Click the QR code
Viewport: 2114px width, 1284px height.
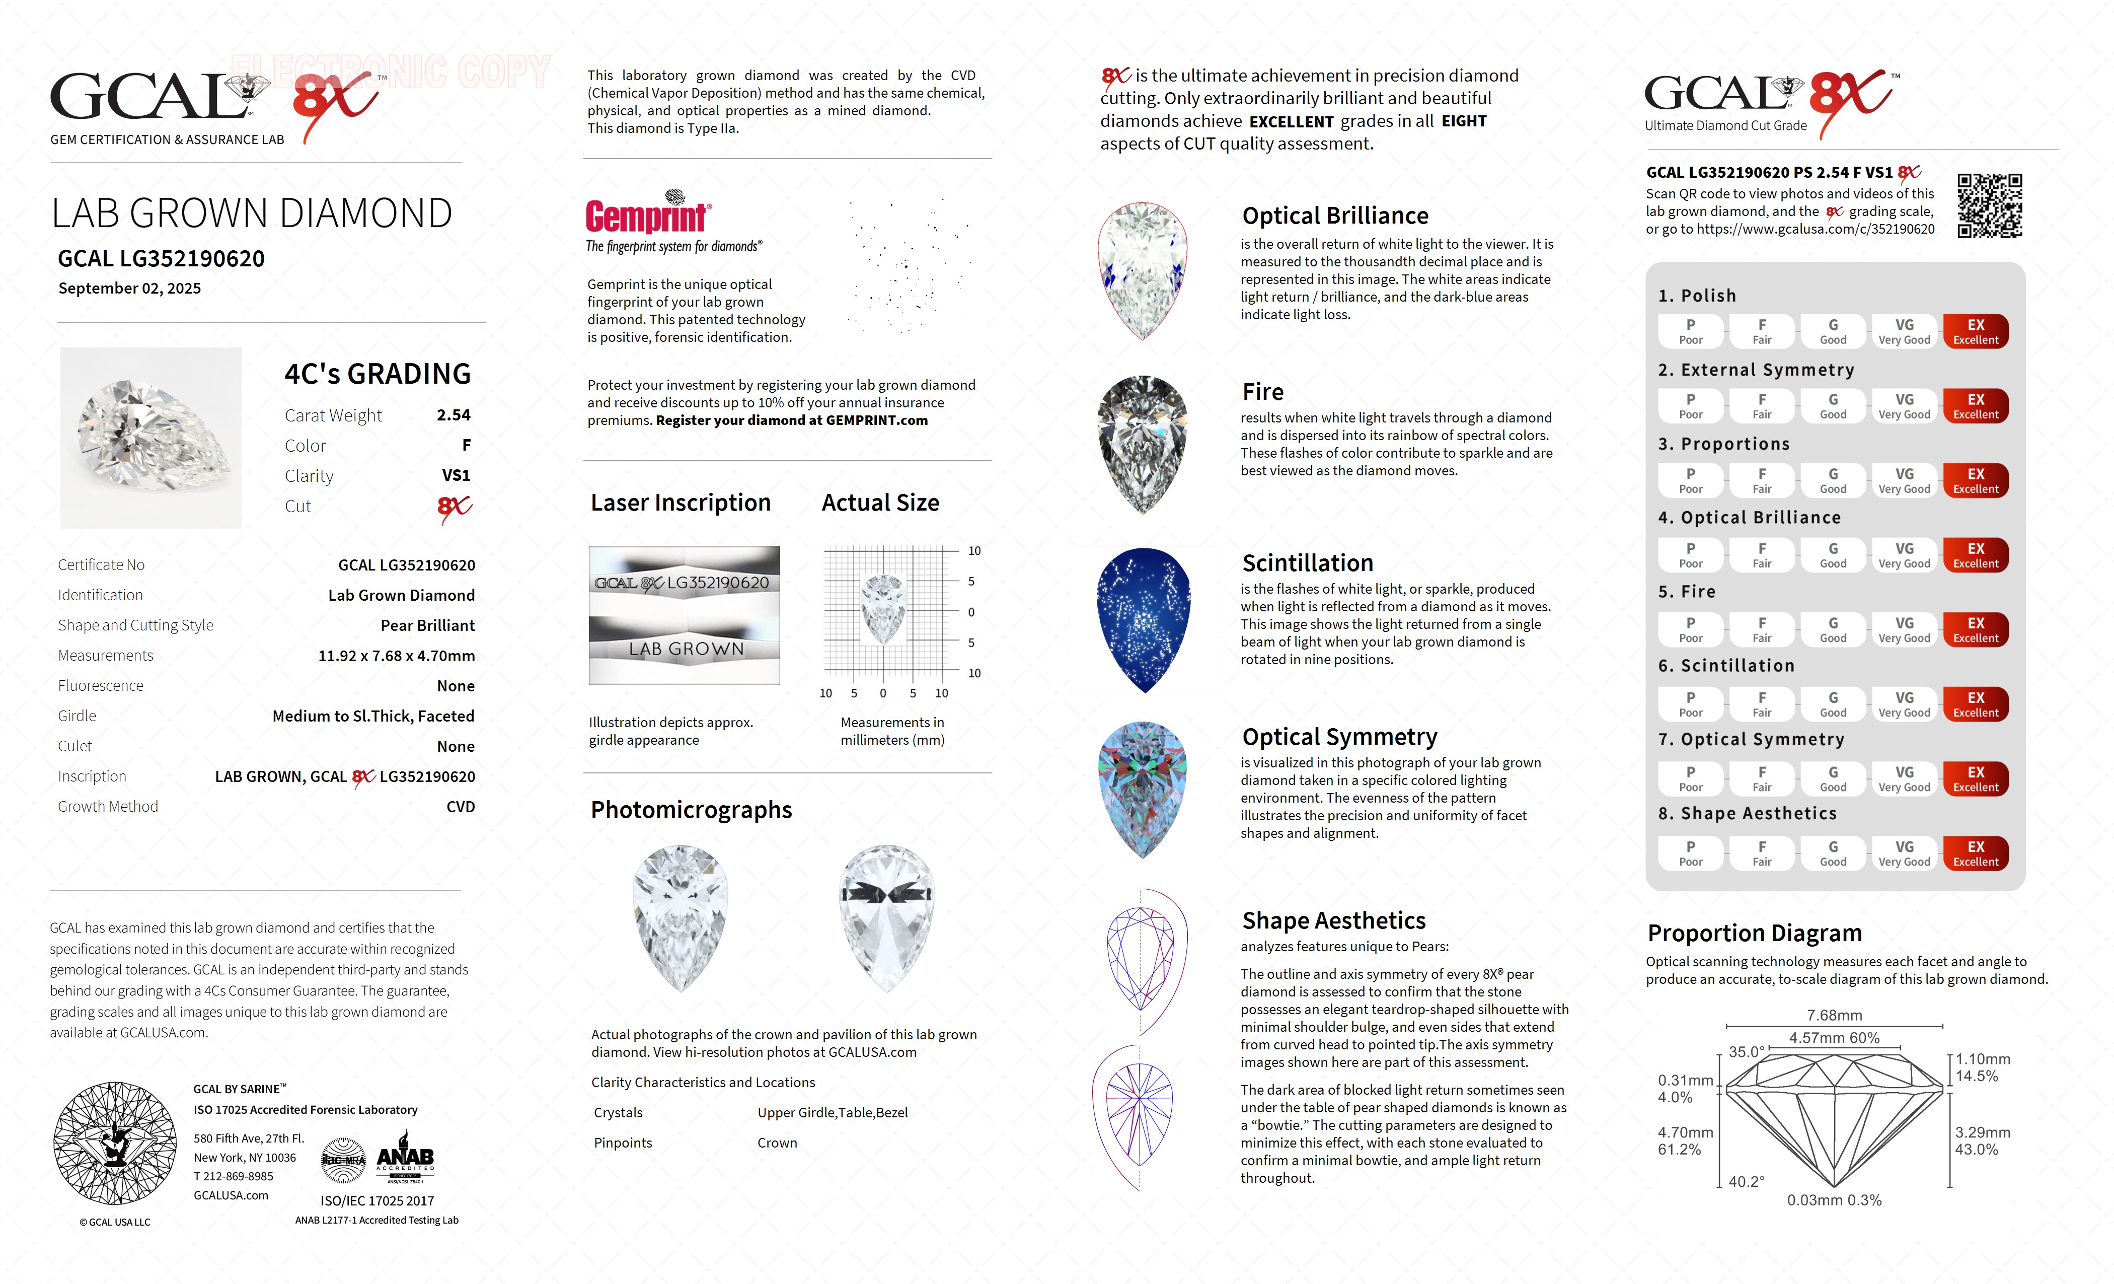(1989, 206)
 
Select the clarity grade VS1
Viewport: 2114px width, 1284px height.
(456, 475)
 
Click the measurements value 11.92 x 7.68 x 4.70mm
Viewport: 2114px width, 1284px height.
(397, 656)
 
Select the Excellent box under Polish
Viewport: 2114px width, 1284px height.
(1975, 331)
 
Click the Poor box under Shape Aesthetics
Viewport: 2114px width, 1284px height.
(1690, 853)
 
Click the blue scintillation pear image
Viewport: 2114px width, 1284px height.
(1144, 620)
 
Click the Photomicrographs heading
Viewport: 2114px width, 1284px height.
(691, 809)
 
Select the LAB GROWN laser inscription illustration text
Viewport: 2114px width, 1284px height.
(686, 650)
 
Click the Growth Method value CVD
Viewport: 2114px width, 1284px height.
(460, 807)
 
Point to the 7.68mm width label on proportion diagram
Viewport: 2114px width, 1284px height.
(1834, 1015)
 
